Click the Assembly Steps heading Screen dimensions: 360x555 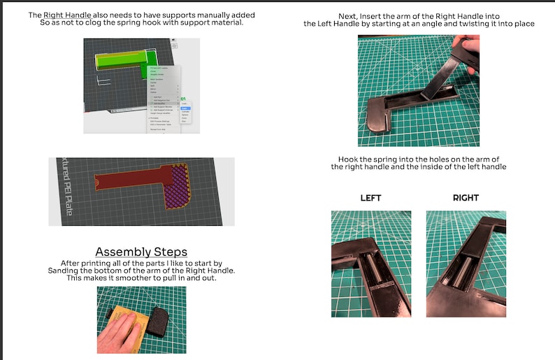[x=142, y=252]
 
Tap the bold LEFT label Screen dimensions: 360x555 [x=370, y=198]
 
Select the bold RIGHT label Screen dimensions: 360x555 [x=466, y=198]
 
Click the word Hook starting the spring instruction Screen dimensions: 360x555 [x=347, y=159]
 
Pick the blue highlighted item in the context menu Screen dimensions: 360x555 [x=185, y=108]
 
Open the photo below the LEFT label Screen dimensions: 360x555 [x=371, y=263]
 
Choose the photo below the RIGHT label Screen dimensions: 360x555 [x=466, y=263]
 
